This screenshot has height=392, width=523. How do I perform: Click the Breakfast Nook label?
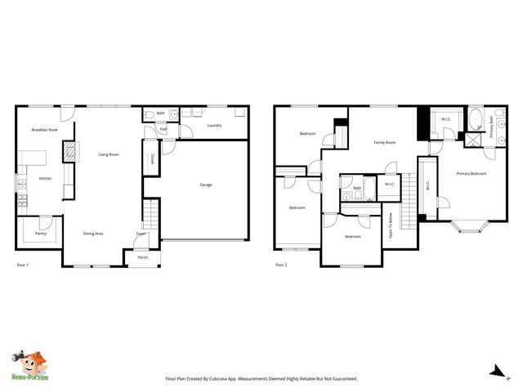[x=45, y=130]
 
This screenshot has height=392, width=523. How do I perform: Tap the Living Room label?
[x=109, y=154]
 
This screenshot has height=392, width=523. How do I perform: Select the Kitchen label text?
[x=46, y=178]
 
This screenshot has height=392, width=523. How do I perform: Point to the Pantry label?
[x=40, y=234]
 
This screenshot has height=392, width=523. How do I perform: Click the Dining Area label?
[x=93, y=234]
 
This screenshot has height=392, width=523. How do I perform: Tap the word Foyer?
[x=141, y=234]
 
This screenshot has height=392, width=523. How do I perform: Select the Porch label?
[x=143, y=257]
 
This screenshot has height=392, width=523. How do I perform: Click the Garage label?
[x=206, y=185]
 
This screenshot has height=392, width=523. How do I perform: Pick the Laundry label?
[x=214, y=125]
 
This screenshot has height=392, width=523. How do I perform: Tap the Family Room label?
[x=385, y=142]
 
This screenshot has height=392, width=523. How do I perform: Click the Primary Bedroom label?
[x=472, y=173]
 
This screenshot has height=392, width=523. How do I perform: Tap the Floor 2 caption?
[x=281, y=265]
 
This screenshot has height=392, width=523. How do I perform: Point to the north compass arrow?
[x=495, y=372]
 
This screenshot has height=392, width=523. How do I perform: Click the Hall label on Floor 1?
[x=163, y=129]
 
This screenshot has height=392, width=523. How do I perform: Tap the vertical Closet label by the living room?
[x=153, y=159]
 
